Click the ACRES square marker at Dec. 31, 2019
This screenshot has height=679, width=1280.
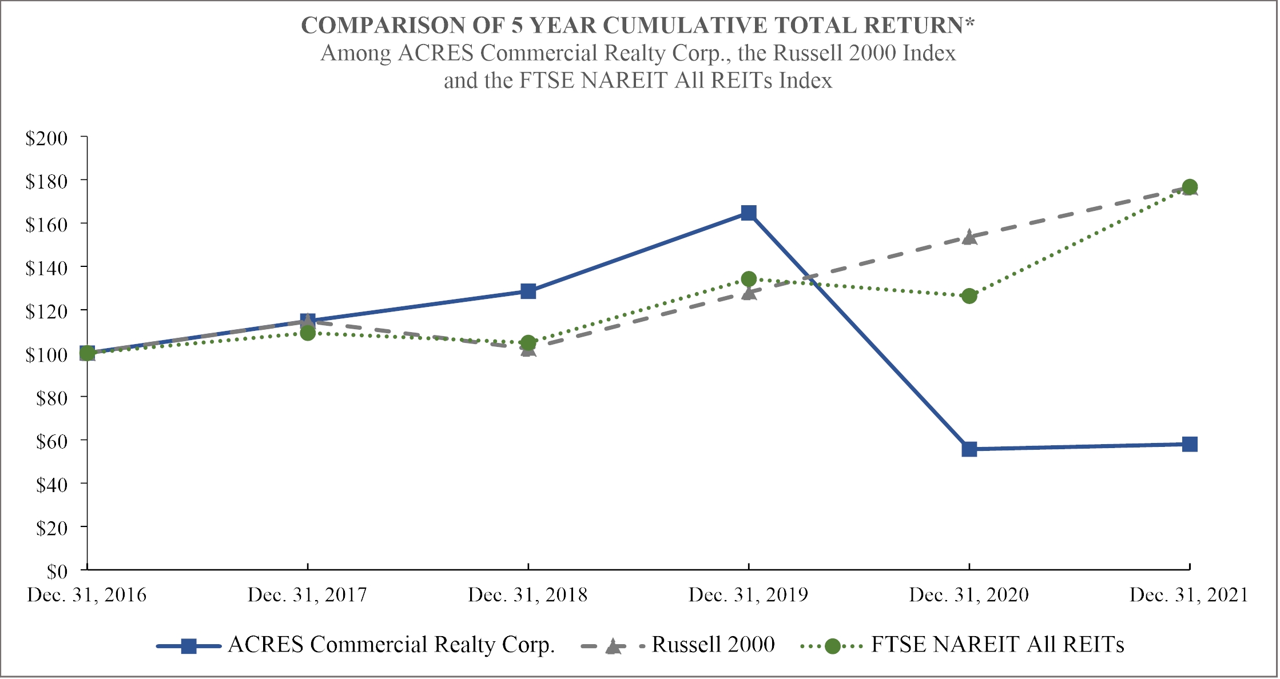pos(749,213)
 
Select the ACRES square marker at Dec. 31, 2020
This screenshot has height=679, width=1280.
pos(969,449)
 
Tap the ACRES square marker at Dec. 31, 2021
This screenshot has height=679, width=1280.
pos(1190,444)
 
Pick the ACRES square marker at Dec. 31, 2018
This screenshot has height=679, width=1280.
pos(528,291)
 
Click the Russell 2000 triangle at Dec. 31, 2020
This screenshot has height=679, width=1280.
pos(969,237)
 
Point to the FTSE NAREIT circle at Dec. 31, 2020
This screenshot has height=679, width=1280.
pos(969,296)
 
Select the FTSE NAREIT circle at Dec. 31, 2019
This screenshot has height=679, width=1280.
pos(749,279)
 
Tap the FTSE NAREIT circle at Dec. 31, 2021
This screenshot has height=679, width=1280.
pos(1190,187)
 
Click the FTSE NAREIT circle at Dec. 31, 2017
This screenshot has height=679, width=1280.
pos(308,333)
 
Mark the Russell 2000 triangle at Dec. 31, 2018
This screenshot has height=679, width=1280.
pos(528,349)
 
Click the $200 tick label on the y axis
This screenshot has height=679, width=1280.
pos(46,138)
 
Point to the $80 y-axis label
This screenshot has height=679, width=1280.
pos(52,398)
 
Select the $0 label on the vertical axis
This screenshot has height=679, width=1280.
pos(57,572)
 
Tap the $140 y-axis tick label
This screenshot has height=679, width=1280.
pos(46,268)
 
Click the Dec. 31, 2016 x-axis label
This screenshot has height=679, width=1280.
pos(87,595)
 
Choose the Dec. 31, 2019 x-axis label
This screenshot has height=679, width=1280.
pos(749,595)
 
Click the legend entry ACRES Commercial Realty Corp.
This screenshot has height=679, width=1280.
pos(356,645)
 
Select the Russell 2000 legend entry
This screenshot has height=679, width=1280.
pos(678,645)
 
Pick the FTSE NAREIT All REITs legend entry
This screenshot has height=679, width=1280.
pos(963,645)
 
